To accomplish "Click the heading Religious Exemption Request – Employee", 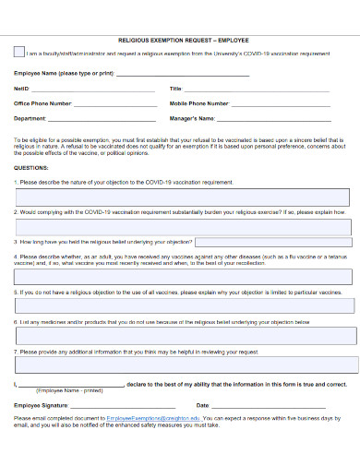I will point(185,41).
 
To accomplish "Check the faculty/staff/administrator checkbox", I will point(19,53).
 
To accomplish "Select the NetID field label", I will point(22,89).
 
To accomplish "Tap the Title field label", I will point(175,89).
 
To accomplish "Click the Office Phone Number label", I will point(42,103).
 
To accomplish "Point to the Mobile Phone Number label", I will point(199,103).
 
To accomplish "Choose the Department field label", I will point(30,118).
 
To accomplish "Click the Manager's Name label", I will point(193,118).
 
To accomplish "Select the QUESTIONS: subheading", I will point(31,168).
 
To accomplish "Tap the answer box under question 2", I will point(183,226).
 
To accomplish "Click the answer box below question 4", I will point(183,276).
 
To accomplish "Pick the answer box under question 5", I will point(183,305).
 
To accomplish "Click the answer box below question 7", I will point(183,364).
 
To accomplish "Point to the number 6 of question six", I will point(16,322).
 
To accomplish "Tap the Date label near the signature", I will point(202,405).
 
